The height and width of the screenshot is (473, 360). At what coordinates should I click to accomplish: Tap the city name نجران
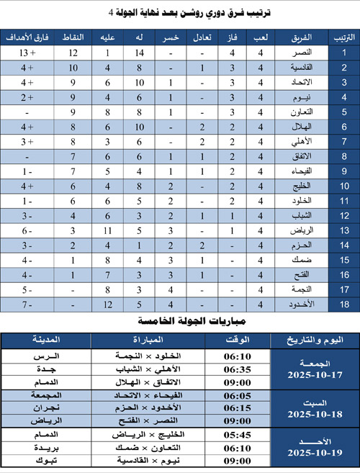[48, 407]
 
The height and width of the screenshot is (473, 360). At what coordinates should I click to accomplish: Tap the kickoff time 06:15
[238, 407]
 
